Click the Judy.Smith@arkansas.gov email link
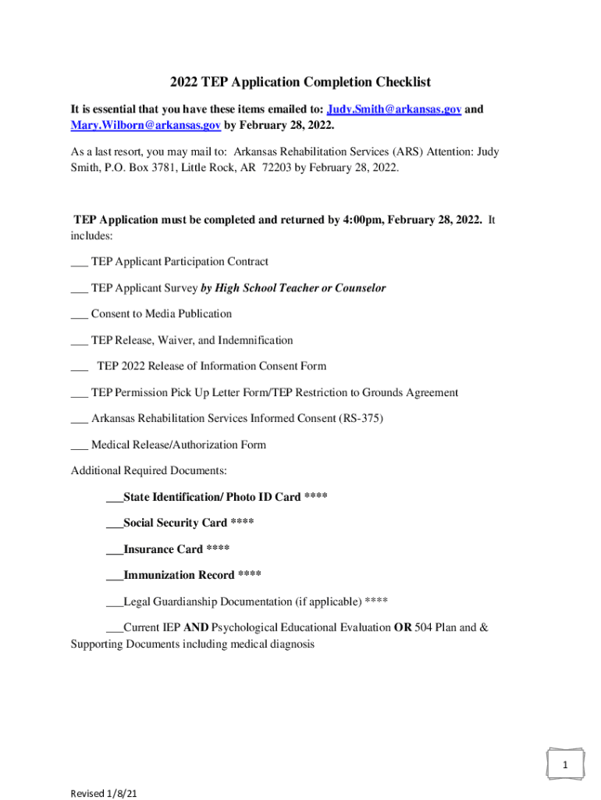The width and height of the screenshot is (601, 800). coord(394,109)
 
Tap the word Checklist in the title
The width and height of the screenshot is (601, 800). coord(398,82)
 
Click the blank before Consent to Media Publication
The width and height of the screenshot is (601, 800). coord(79,314)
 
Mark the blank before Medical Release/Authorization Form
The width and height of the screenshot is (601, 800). coord(79,445)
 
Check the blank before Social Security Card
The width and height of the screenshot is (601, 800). coord(114,523)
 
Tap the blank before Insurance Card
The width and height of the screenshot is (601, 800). coord(114,549)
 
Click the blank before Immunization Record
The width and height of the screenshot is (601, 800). coord(114,576)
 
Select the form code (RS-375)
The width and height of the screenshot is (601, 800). coord(361,419)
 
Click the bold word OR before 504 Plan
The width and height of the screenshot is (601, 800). coord(403,628)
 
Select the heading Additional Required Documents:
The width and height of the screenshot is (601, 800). coord(149,471)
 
